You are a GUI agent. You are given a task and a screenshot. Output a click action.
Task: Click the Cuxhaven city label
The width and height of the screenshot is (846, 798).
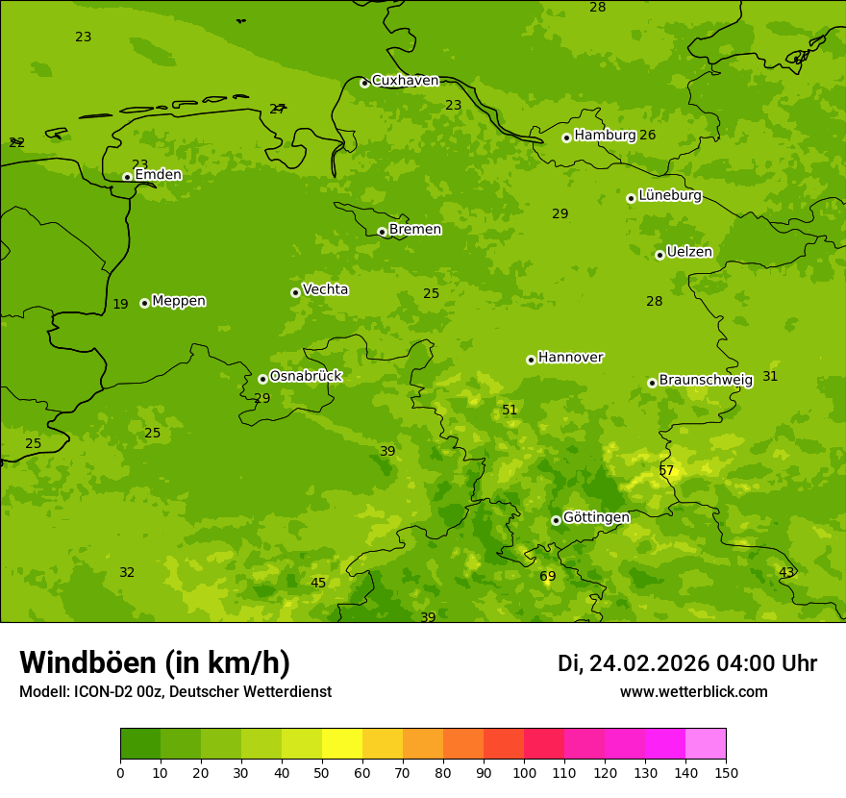[405, 81]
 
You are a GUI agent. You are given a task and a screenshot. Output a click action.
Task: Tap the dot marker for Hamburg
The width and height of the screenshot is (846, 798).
[566, 137]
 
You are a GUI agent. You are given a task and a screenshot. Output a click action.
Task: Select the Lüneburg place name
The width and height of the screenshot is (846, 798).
[669, 195]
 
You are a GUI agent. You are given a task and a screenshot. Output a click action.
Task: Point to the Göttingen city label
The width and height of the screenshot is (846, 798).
[596, 517]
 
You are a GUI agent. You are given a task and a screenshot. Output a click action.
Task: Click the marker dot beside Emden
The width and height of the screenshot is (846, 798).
[127, 176]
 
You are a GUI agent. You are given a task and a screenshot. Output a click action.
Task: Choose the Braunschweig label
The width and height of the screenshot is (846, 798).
[706, 381]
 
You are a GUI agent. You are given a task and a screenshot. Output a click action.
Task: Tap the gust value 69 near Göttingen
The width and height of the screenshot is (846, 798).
[548, 577]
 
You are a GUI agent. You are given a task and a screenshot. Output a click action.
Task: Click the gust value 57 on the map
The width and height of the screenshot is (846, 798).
[666, 471]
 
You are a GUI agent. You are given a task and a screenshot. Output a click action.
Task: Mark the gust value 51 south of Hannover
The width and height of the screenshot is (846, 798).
[510, 411]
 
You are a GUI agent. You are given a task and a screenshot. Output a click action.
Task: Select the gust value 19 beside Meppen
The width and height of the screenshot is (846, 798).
[120, 305]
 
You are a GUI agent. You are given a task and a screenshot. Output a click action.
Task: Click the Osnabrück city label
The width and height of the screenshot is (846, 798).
[305, 376]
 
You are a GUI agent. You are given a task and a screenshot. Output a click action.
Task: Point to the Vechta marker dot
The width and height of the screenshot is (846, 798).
[295, 292]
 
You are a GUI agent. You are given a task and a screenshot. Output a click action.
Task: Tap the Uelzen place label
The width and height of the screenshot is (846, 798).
[689, 252]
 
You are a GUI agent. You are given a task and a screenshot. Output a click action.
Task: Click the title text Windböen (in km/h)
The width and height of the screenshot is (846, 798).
[155, 662]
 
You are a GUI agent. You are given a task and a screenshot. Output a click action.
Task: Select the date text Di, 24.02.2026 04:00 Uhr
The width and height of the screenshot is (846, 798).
[687, 663]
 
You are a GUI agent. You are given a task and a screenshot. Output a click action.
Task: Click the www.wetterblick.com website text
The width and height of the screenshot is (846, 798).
[693, 692]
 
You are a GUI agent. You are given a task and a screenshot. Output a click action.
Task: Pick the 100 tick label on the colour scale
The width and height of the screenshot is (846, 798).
[524, 772]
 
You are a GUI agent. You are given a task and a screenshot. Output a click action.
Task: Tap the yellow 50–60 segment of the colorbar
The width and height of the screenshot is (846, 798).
[342, 744]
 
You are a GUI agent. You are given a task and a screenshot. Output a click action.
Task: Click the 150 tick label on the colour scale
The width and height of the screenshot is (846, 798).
[726, 772]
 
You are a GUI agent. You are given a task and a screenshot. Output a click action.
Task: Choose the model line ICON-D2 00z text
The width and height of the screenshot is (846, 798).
[175, 692]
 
